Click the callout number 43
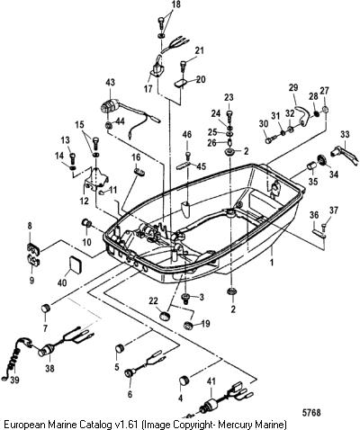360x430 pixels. point(111,82)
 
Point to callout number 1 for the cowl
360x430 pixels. point(272,263)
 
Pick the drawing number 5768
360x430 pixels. point(311,413)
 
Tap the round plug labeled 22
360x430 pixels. point(165,317)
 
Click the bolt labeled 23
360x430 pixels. point(229,113)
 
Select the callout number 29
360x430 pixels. point(293,88)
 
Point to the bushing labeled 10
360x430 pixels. point(87,223)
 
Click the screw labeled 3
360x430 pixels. point(186,298)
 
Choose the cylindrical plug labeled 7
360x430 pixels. point(46,309)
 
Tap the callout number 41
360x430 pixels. point(211,381)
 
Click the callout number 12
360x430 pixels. point(85,201)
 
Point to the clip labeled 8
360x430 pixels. point(33,248)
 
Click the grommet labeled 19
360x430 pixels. point(188,326)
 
